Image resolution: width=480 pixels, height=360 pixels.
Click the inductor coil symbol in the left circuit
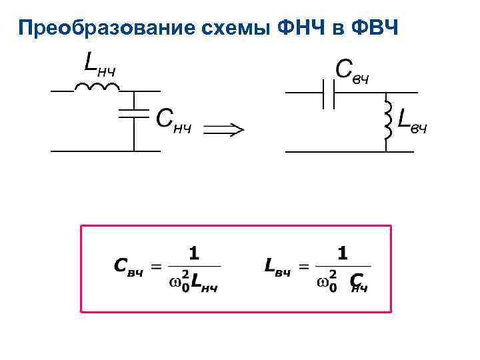(96, 87)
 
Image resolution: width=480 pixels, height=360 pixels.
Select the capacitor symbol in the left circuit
(134, 112)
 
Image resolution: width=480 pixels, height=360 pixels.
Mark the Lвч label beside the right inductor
(411, 120)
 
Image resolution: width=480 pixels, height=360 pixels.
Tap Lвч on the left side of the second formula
(279, 267)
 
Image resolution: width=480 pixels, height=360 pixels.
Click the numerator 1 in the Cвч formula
(193, 253)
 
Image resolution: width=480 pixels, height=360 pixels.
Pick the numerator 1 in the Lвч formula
(343, 253)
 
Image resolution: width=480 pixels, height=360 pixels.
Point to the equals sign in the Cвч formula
(156, 267)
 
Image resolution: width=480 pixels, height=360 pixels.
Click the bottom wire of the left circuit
(105, 151)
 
